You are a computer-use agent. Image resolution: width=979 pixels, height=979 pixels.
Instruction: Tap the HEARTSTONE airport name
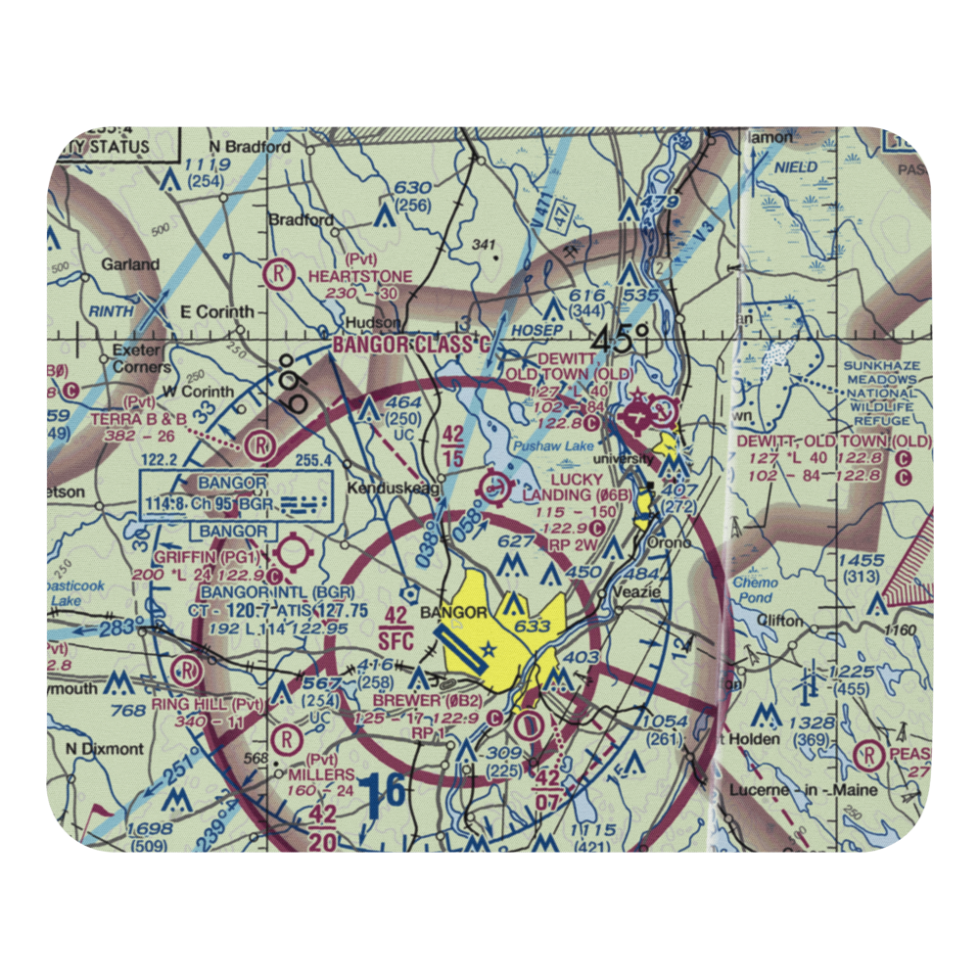point(360,277)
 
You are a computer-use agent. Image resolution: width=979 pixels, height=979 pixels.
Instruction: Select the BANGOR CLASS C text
point(411,346)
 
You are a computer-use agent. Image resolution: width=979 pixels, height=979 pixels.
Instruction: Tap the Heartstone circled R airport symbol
point(282,273)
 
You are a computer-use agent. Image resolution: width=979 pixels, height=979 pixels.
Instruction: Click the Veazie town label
point(635,593)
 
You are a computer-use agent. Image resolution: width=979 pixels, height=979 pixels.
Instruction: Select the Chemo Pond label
point(756,589)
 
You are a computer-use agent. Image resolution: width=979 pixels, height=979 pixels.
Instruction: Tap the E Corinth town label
point(217,312)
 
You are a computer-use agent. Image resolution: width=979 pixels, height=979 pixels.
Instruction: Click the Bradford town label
point(301,220)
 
